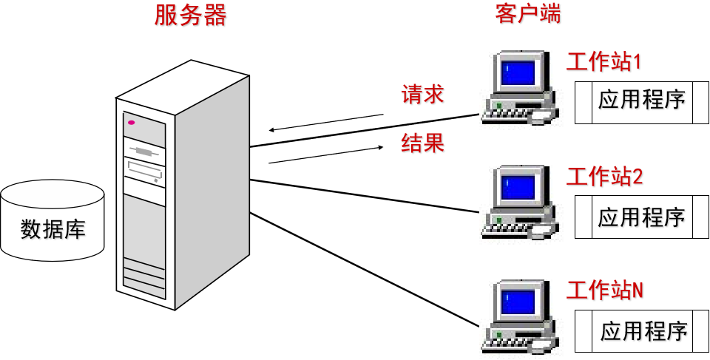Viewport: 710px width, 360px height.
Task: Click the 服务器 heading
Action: pyautogui.click(x=190, y=15)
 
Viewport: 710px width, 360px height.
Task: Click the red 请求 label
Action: pyautogui.click(x=422, y=94)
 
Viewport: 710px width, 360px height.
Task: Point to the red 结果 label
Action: pyautogui.click(x=422, y=142)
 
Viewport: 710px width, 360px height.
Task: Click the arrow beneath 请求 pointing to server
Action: pyautogui.click(x=326, y=122)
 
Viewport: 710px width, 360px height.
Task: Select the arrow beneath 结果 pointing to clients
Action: pyautogui.click(x=326, y=154)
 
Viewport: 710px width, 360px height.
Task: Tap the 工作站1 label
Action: pyautogui.click(x=603, y=61)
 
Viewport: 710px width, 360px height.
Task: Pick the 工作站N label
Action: pyautogui.click(x=604, y=289)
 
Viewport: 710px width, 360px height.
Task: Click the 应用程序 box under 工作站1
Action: pyautogui.click(x=642, y=101)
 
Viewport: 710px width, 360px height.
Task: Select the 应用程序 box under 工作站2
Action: pyautogui.click(x=642, y=217)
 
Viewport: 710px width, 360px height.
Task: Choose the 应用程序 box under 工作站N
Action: pyautogui.click(x=642, y=331)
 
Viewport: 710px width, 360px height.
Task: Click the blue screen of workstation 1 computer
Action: pyautogui.click(x=518, y=71)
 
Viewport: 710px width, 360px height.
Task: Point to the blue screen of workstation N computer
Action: pyautogui.click(x=518, y=300)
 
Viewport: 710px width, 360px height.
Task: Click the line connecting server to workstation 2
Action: pyautogui.click(x=362, y=196)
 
